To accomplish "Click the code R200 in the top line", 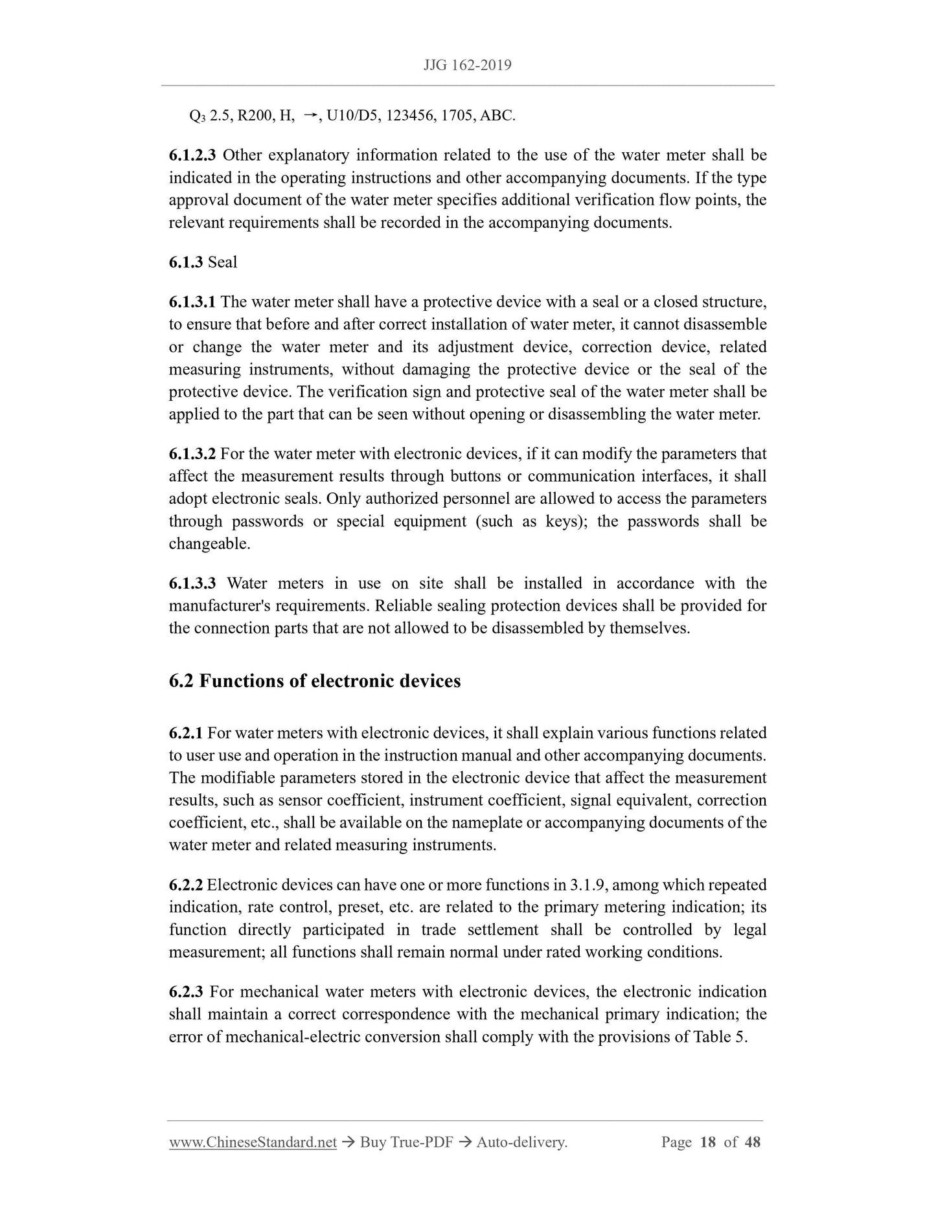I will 256,116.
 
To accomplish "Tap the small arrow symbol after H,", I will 310,115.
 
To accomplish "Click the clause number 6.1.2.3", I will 192,155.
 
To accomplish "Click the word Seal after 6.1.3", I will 222,262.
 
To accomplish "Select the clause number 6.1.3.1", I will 192,302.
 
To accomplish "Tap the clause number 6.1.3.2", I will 192,454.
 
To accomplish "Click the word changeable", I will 209,544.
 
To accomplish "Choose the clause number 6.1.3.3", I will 192,583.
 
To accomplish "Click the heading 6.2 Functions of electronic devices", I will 315,681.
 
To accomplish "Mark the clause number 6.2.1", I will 186,733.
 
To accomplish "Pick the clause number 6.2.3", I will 186,992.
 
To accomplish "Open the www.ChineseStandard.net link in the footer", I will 253,1143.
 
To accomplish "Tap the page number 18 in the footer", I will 708,1143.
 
